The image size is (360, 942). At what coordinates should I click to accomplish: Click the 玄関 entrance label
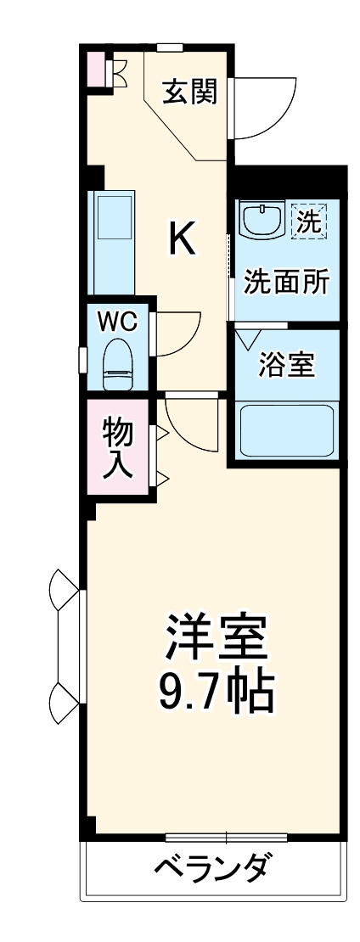click(190, 91)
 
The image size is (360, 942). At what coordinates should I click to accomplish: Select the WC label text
click(118, 322)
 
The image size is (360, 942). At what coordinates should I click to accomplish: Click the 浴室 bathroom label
click(287, 365)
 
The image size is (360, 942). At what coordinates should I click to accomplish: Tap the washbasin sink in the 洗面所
click(261, 222)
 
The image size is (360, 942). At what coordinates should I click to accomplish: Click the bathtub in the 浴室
click(286, 431)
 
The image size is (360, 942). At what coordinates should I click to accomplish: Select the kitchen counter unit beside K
click(111, 241)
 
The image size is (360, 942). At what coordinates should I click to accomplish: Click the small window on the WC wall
click(82, 359)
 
